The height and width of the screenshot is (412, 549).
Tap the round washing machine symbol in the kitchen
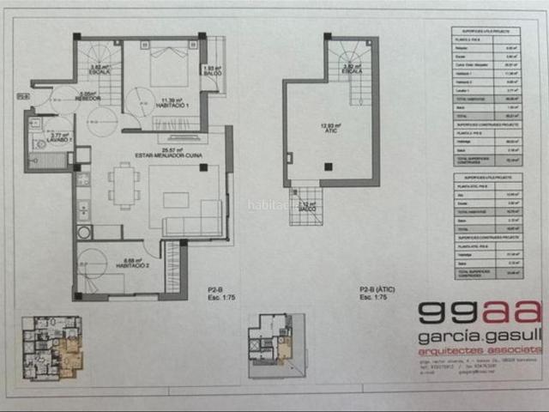[x=84, y=232]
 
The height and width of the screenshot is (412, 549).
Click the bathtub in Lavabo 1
[x=51, y=160]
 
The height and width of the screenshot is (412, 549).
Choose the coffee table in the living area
[x=176, y=200]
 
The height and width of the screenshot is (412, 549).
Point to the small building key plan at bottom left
[x=52, y=347]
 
